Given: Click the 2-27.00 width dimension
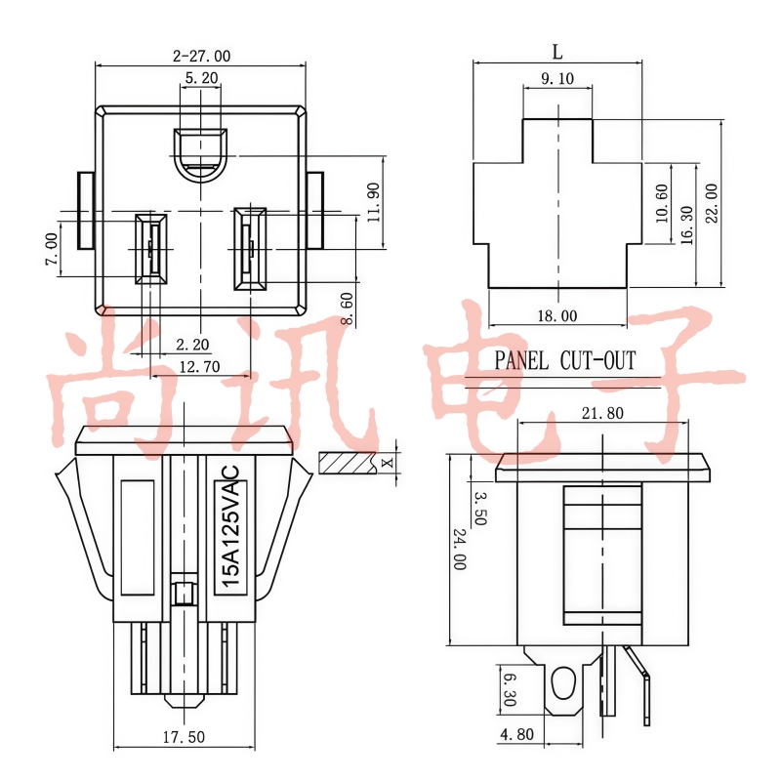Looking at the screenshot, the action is pos(202,56).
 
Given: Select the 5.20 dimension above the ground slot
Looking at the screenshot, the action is pos(201,78).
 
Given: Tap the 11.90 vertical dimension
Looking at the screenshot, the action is pos(374,202).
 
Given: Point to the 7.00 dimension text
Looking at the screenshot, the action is pos(52,249).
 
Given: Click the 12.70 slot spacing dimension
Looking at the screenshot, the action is pos(199,367).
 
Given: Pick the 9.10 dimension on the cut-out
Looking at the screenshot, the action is pos(556,78).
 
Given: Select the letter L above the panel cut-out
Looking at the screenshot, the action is pos(557,52).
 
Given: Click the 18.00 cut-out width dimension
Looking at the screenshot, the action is pos(556,315).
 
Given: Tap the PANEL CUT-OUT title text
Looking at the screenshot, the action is pos(565,360).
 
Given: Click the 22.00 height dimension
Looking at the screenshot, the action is pos(713,203).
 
